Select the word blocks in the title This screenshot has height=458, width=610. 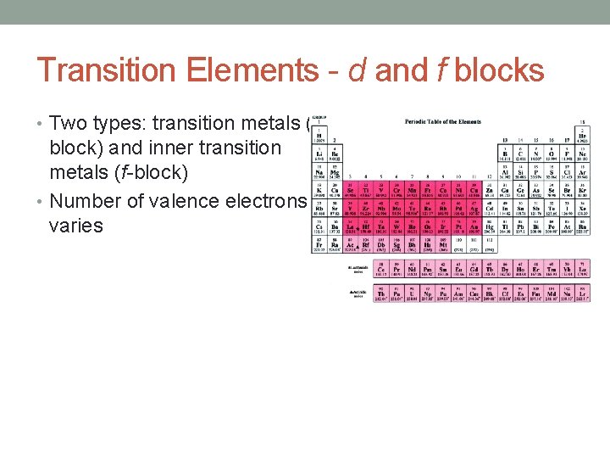click(x=499, y=70)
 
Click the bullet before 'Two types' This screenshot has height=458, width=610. click(x=42, y=124)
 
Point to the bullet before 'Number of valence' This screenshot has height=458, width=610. click(x=42, y=202)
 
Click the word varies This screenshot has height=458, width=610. click(x=76, y=226)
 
